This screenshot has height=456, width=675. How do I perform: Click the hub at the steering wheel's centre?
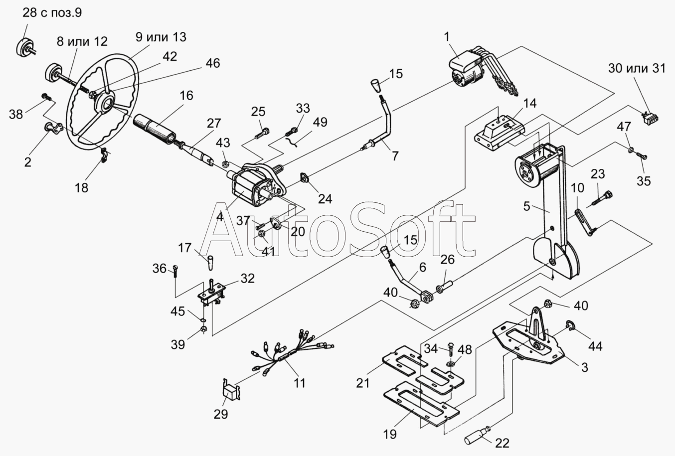107,103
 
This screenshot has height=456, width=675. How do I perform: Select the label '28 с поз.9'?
52,13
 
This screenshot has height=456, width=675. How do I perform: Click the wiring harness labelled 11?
289,355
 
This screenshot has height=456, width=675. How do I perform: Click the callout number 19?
390,434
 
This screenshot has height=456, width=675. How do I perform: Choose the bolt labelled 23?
603,198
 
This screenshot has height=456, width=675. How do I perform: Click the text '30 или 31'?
637,68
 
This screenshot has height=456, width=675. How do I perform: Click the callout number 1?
447,36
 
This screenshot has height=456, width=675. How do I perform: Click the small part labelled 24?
304,178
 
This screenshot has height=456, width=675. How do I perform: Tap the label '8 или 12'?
82,41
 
